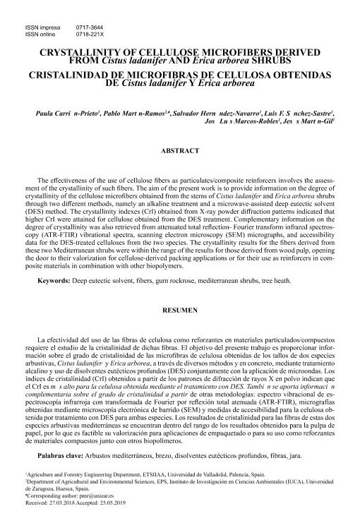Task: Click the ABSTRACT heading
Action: point(180,150)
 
